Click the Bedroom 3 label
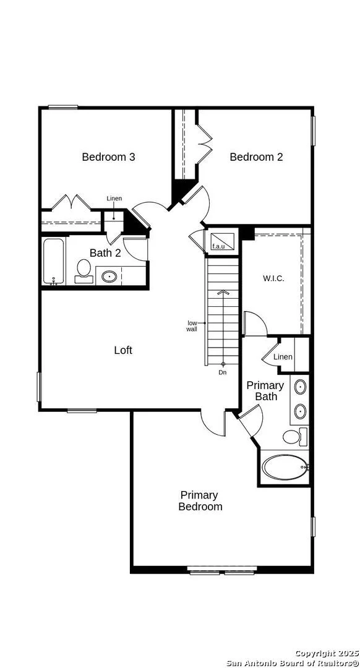109,156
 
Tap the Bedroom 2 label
256,156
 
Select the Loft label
123,350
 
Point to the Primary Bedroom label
200,500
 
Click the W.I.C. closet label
273,279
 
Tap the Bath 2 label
105,252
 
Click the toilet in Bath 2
84,272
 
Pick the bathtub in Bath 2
54,261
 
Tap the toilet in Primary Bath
295,437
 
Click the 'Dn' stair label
223,373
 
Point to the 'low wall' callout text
192,326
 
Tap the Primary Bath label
265,391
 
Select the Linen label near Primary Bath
283,357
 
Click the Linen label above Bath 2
114,199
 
